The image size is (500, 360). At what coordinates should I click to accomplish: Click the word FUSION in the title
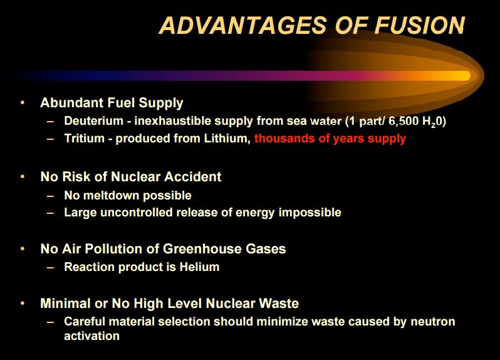pyautogui.click(x=420, y=25)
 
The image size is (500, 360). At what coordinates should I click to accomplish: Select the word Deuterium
pyautogui.click(x=94, y=120)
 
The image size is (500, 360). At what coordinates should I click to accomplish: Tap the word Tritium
pyautogui.click(x=84, y=138)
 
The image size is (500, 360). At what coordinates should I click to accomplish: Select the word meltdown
pyautogui.click(x=112, y=195)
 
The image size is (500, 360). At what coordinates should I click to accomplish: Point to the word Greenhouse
pyautogui.click(x=202, y=248)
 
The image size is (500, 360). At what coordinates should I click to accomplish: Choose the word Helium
pyautogui.click(x=199, y=267)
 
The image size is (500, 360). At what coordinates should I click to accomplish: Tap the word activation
pyautogui.click(x=92, y=336)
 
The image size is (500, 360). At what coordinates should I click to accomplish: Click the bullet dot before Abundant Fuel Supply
pyautogui.click(x=23, y=102)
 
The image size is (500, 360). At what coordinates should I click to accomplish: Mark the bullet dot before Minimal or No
pyautogui.click(x=23, y=303)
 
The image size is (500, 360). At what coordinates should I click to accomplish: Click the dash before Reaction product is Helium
pyautogui.click(x=50, y=267)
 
